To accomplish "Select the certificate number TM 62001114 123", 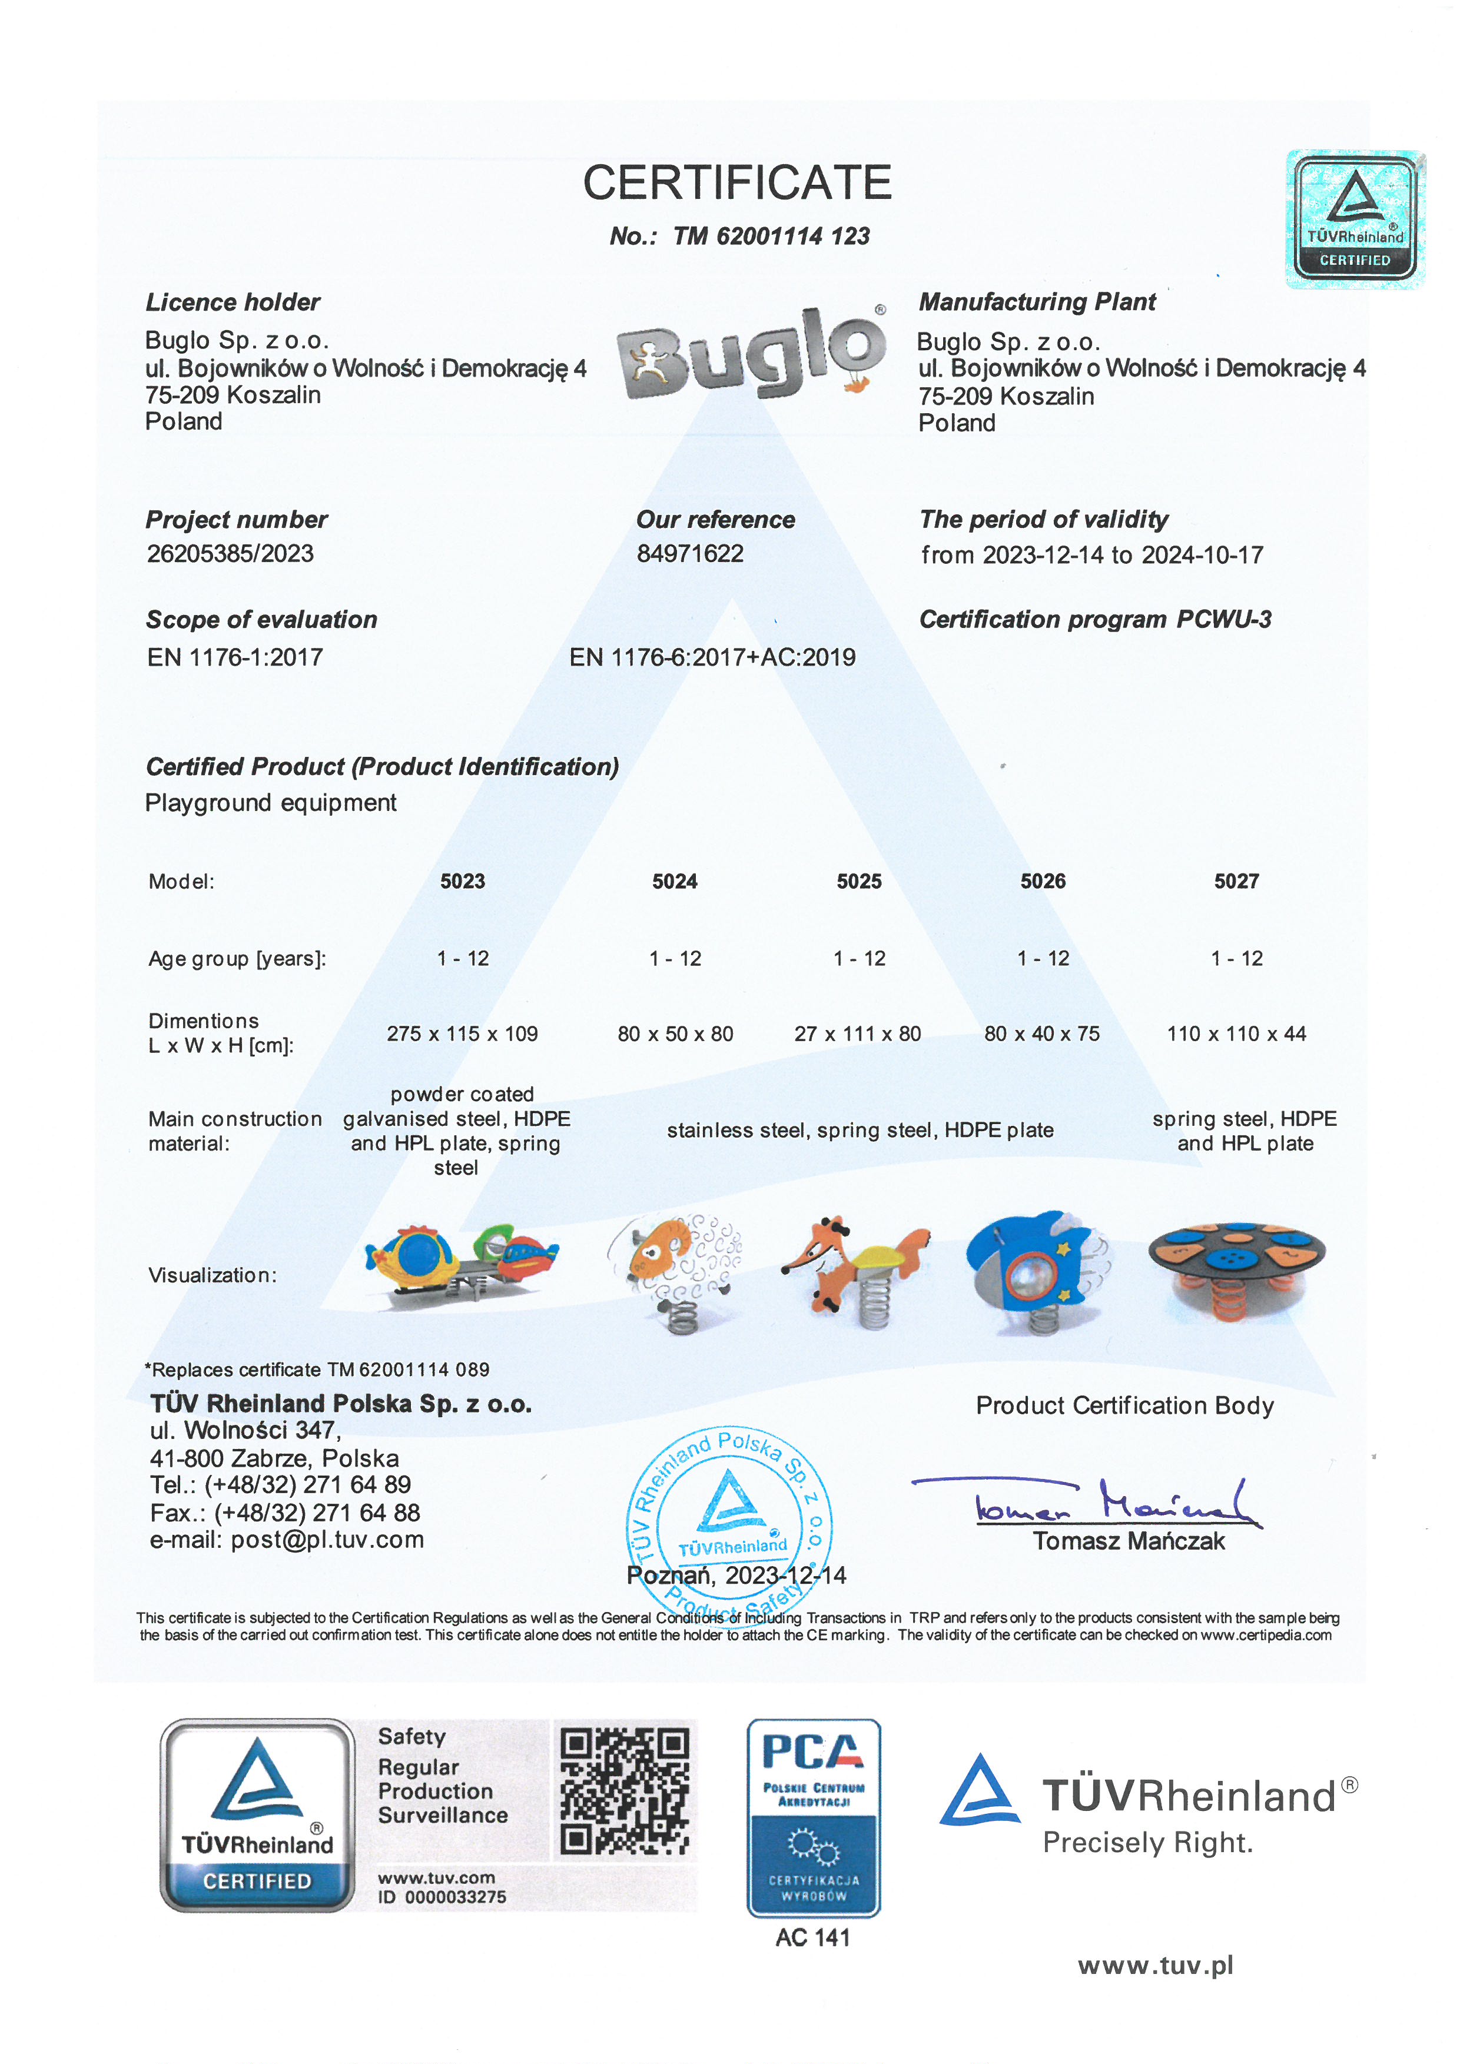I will [771, 237].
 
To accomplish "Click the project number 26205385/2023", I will [230, 554].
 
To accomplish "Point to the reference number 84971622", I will [689, 554].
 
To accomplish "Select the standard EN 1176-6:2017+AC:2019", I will [712, 658].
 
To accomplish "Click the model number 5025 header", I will [858, 882].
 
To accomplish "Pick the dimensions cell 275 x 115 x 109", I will [462, 1034].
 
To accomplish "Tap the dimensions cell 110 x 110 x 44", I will [1236, 1034].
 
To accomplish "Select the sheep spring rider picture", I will [677, 1271].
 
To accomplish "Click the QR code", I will [625, 1793].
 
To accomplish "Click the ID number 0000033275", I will [455, 1897].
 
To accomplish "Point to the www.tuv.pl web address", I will [1155, 1966].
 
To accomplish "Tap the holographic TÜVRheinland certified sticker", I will [1355, 220].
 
